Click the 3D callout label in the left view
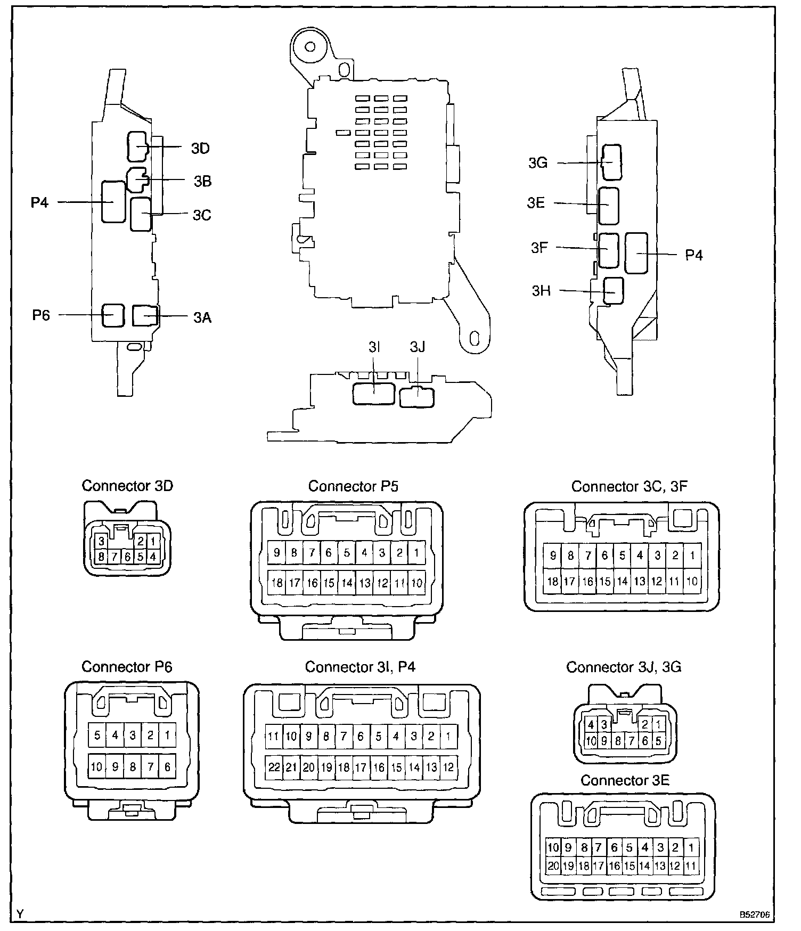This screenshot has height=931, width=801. click(200, 148)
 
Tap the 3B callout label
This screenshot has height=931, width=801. click(202, 182)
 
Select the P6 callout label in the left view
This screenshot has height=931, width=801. click(41, 315)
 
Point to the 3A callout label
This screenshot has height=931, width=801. click(202, 318)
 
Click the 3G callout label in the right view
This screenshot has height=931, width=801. click(538, 163)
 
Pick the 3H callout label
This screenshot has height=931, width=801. click(541, 291)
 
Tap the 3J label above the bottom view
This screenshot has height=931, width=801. click(418, 347)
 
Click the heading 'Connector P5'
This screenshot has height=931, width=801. click(353, 486)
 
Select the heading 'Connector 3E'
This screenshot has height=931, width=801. click(625, 780)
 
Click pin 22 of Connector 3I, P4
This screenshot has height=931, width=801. click(274, 767)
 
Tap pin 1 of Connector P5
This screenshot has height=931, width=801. click(416, 553)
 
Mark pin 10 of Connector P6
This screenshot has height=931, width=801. click(97, 767)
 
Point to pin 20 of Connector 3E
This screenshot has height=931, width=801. click(553, 865)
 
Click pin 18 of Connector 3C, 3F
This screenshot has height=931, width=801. click(553, 581)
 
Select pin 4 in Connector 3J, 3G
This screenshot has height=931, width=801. click(591, 725)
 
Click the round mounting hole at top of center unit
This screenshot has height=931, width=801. click(309, 47)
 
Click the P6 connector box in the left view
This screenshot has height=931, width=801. click(113, 315)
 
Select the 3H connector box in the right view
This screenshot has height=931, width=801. click(613, 291)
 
